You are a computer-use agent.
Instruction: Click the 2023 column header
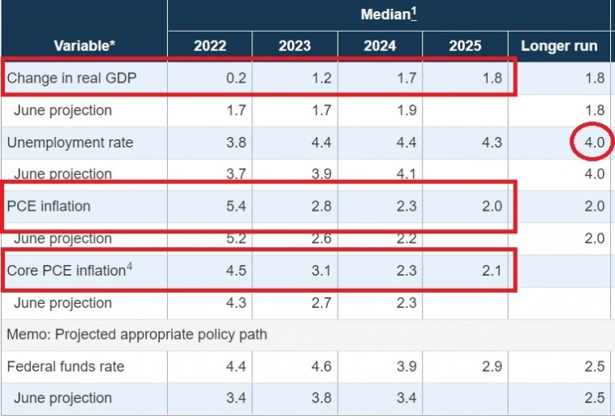[x=295, y=45]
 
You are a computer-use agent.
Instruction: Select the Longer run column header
[x=559, y=45]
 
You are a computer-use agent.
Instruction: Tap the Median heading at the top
[x=389, y=14]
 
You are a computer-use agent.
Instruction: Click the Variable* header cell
[x=84, y=45]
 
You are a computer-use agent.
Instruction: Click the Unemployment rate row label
[x=70, y=143]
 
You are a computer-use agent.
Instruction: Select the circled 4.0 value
[x=594, y=143]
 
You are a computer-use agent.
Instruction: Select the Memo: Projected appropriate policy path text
[x=137, y=335]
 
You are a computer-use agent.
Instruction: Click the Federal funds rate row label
[x=66, y=366]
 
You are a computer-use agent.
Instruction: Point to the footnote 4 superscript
[x=129, y=265]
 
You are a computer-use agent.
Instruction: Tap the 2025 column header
[x=465, y=45]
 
